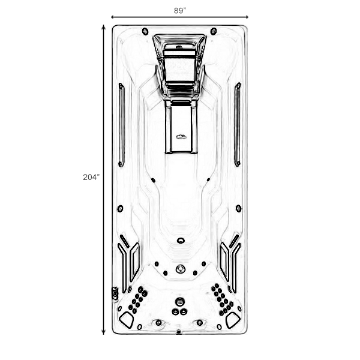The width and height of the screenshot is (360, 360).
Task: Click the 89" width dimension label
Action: coord(180,11)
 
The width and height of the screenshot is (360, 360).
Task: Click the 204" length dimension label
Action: coord(91,177)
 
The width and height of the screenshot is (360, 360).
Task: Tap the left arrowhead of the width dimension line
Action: coord(112,17)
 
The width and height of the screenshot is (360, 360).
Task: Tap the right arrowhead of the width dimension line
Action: coord(247,17)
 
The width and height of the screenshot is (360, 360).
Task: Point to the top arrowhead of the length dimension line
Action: coord(104,26)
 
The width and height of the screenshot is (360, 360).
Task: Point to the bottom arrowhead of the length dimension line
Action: coord(104,332)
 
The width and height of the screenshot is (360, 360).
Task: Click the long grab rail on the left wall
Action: coord(121,125)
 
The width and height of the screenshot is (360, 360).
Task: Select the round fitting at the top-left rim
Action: coord(145,31)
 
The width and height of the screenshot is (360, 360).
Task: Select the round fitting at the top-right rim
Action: coord(214,31)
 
